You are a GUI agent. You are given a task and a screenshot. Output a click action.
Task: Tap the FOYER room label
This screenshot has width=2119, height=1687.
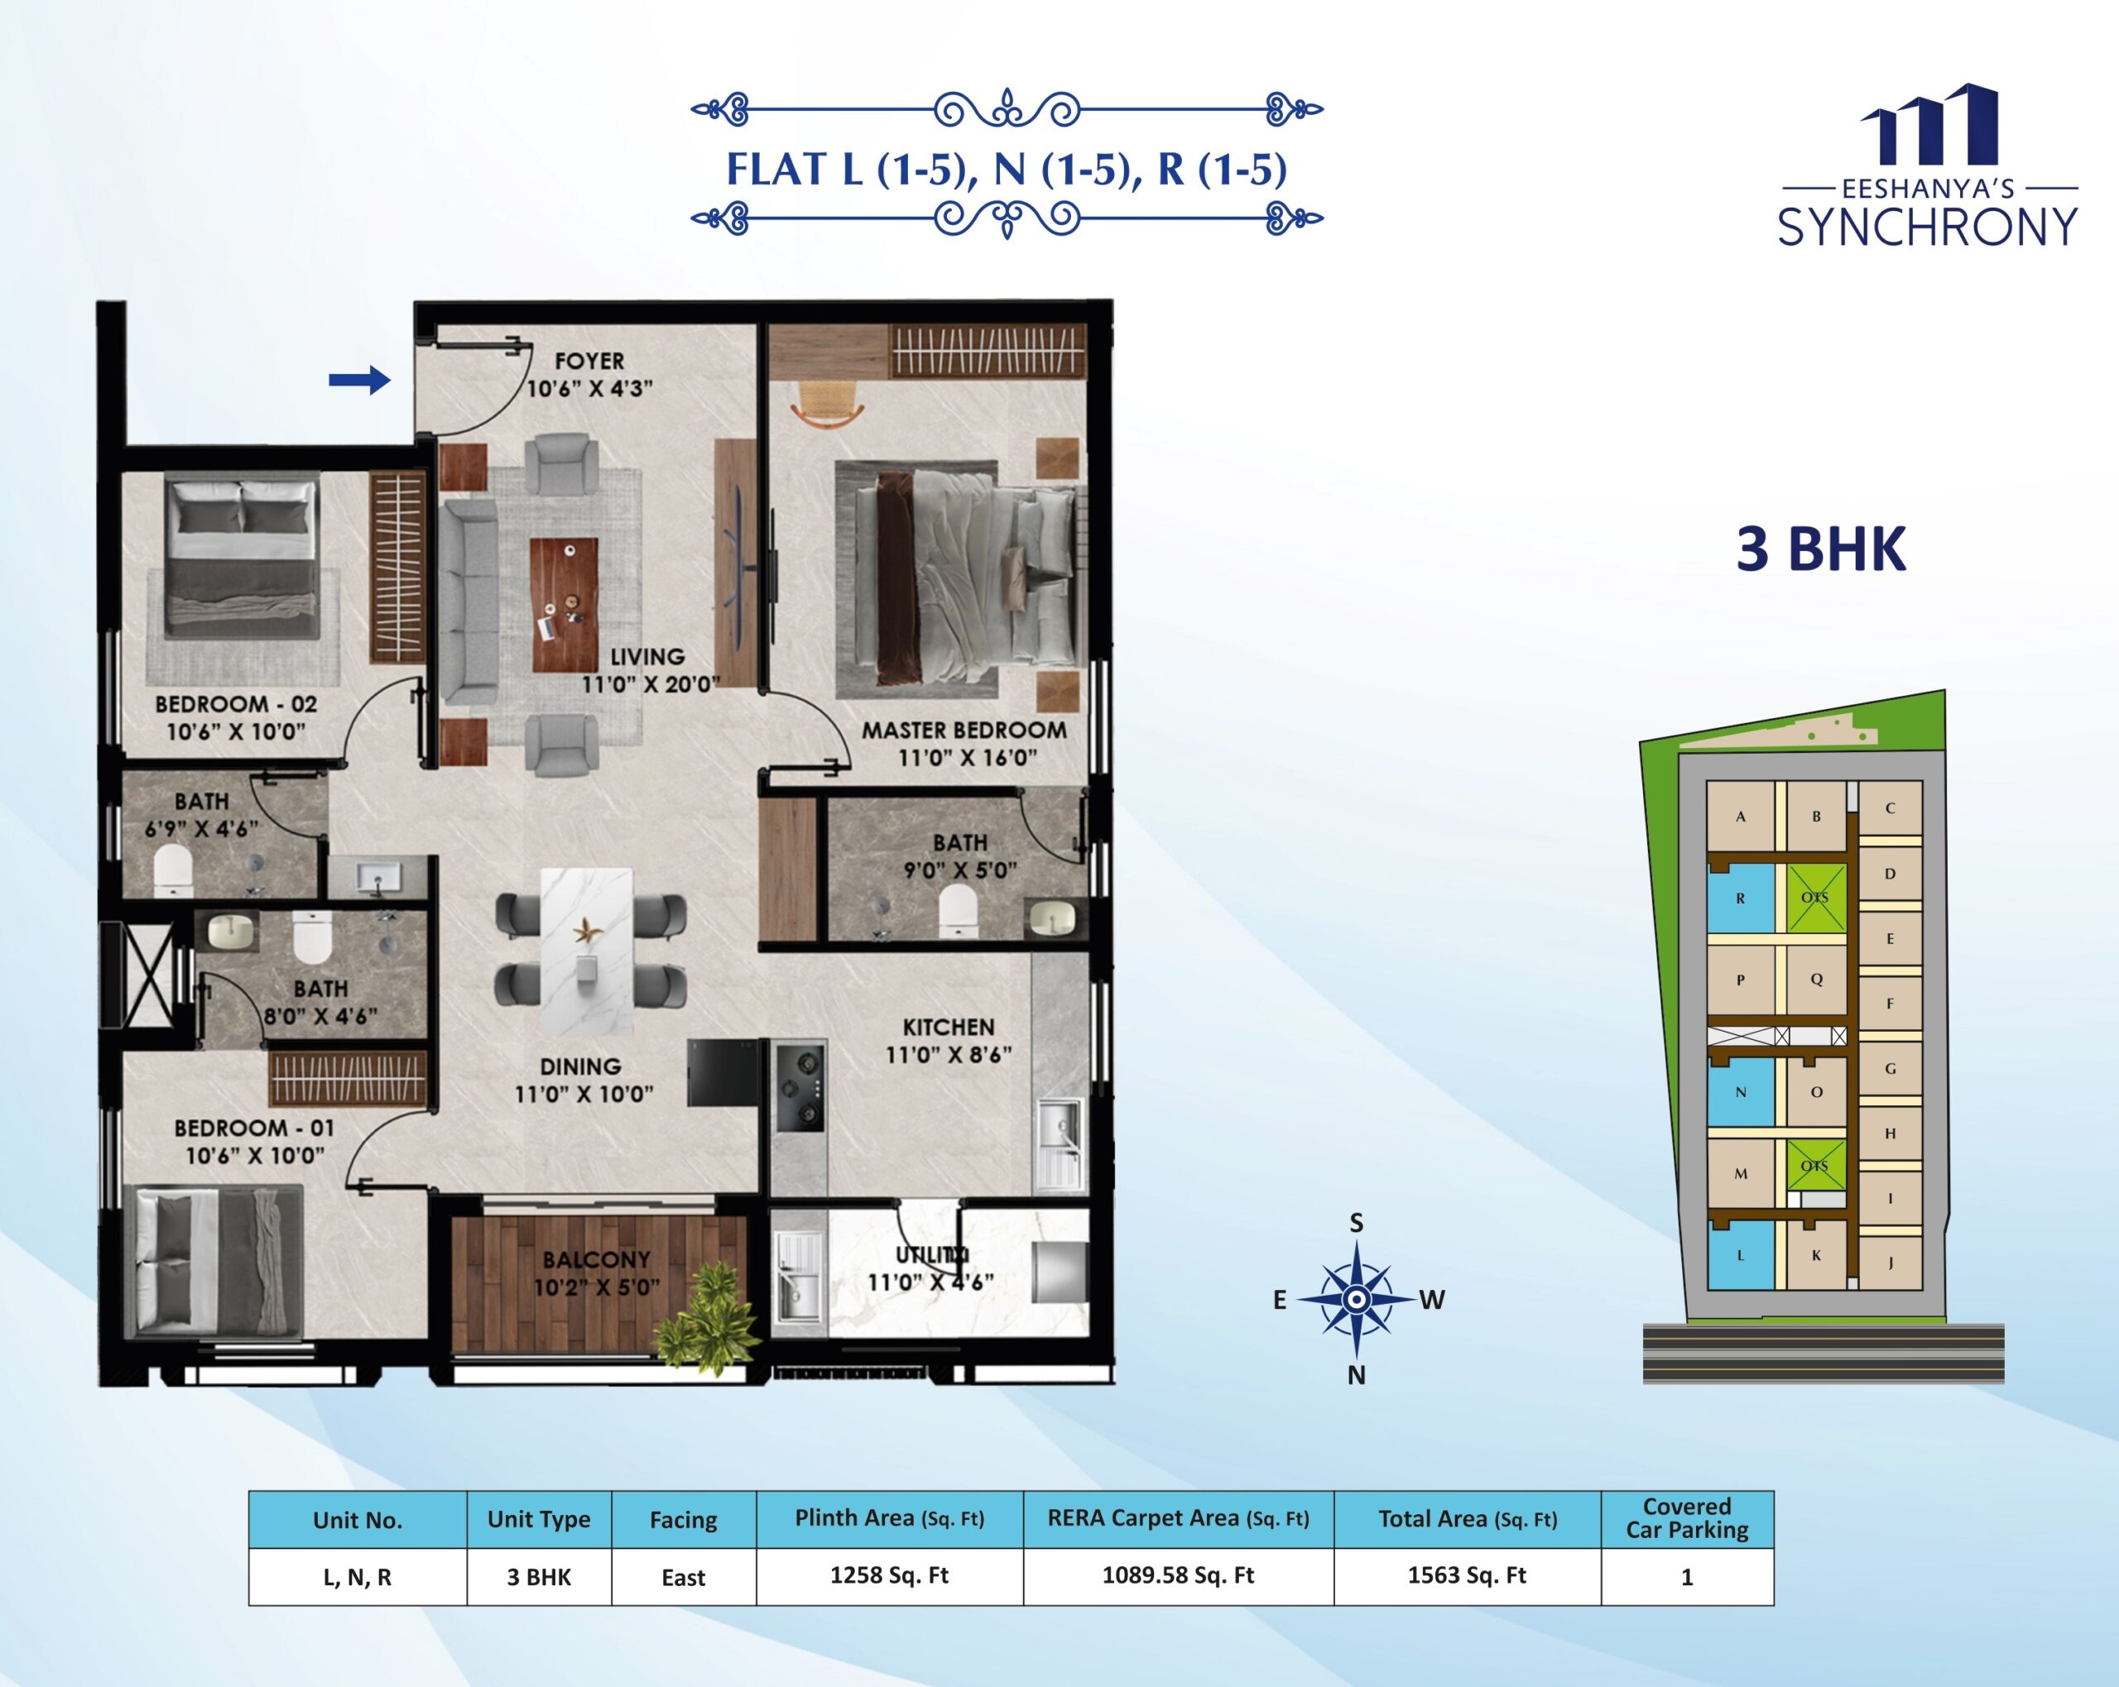[589, 362]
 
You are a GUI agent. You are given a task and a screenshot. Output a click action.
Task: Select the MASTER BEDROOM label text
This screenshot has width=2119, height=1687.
[964, 730]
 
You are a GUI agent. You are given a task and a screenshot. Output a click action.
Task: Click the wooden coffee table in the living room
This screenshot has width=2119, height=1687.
[565, 604]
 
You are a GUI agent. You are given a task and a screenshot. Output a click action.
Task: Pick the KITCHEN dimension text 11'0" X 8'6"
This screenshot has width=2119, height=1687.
[949, 1055]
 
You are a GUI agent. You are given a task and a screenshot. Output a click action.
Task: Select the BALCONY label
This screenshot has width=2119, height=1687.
[597, 1259]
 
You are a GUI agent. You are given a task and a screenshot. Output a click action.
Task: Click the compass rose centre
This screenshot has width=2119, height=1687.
[1357, 1300]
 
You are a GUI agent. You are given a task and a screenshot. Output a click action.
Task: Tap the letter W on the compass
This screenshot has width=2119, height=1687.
[1432, 1300]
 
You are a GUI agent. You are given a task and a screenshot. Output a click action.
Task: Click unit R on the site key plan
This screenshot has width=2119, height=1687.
[1741, 898]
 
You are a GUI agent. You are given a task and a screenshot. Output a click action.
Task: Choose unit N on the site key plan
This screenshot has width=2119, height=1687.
[1741, 1091]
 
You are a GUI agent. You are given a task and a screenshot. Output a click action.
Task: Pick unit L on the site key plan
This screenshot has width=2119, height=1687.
[1741, 1254]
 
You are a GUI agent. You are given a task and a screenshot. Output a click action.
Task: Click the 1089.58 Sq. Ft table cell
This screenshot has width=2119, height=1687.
[1179, 1576]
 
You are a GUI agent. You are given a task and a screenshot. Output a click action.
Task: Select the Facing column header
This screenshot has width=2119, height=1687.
[683, 1520]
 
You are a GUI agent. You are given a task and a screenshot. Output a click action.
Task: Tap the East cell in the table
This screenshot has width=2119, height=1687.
[683, 1577]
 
